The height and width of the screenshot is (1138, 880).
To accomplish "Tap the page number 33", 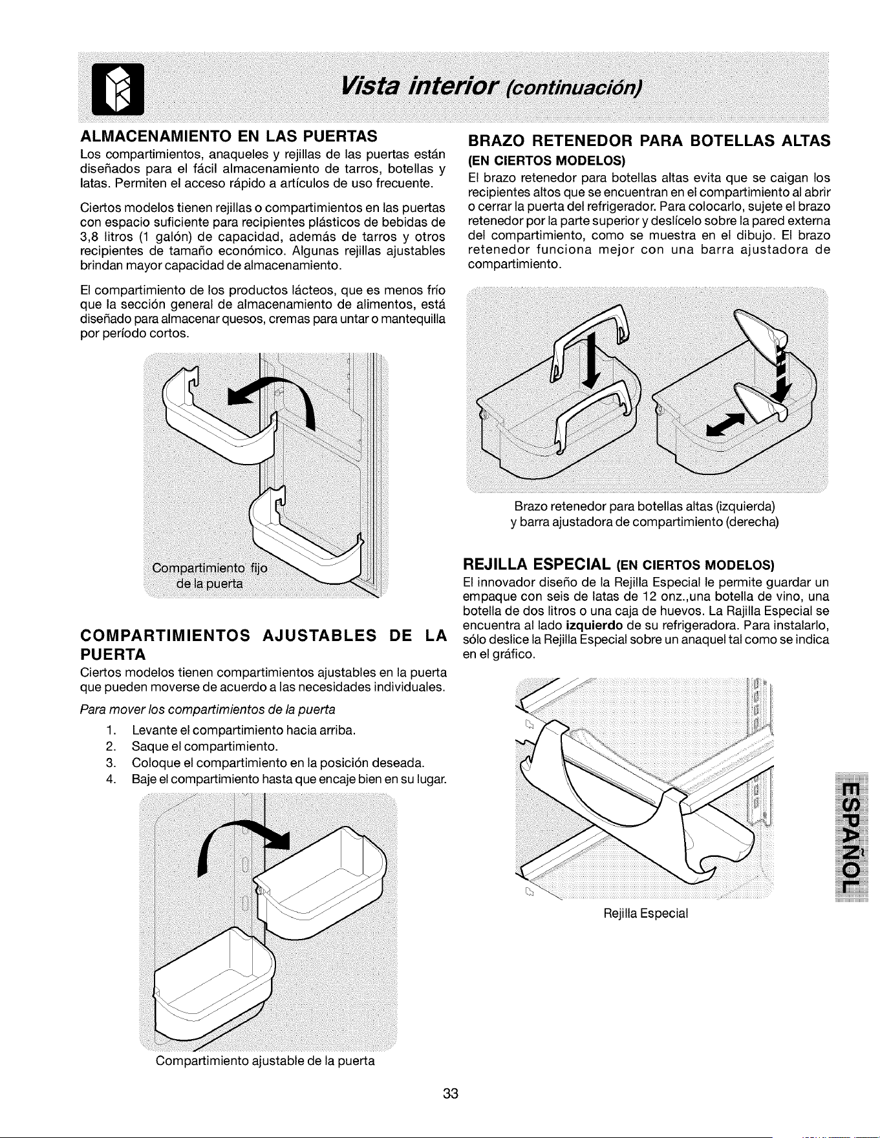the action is click(x=451, y=1093).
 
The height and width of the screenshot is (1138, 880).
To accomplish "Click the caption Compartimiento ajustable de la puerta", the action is click(x=265, y=1061).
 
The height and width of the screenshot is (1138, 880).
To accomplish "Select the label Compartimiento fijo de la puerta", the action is click(x=210, y=576).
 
